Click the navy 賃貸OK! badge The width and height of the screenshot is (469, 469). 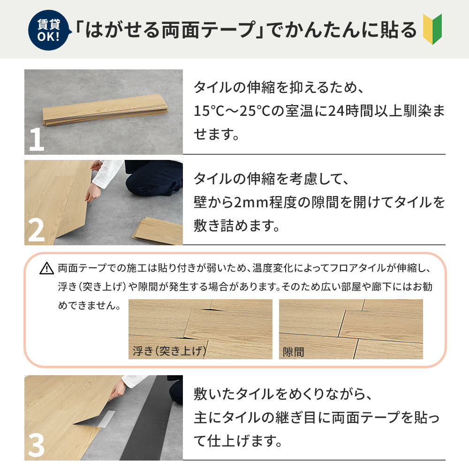click(48, 29)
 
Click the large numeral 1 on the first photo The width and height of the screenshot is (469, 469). click(36, 139)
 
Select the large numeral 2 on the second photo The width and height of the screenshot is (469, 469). click(36, 230)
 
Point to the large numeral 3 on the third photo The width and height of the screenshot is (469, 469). click(36, 445)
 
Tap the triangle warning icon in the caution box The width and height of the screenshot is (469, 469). click(47, 269)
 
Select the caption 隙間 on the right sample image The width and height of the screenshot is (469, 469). click(294, 352)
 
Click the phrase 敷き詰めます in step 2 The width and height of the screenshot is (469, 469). click(237, 227)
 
